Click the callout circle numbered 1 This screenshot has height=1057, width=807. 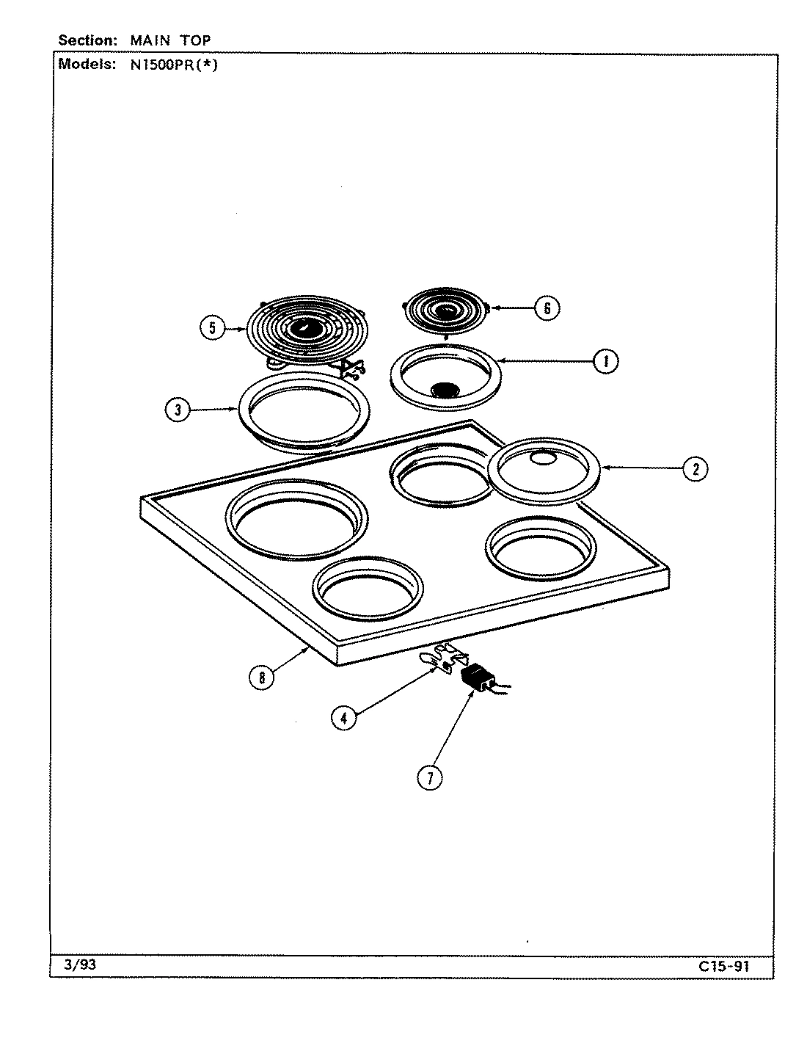point(605,360)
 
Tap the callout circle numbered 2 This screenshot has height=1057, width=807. point(695,468)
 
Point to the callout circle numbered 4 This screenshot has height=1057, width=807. point(343,717)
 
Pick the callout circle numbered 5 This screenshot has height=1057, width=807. point(212,328)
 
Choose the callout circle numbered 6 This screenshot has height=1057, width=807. point(547,308)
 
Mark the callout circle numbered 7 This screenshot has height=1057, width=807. point(430,777)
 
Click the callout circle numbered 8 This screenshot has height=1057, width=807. point(261,677)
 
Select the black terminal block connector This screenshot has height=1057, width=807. point(478,675)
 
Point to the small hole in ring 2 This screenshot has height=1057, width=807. point(543,459)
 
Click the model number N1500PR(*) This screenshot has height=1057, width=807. point(169,64)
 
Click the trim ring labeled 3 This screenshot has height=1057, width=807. point(303,444)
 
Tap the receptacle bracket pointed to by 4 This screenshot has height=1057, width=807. point(444,655)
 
